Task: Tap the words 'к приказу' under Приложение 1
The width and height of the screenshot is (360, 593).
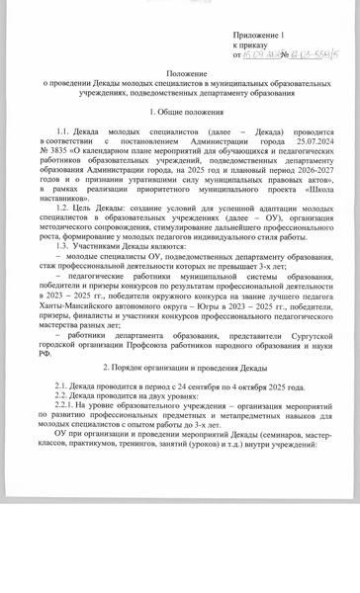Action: [250, 44]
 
